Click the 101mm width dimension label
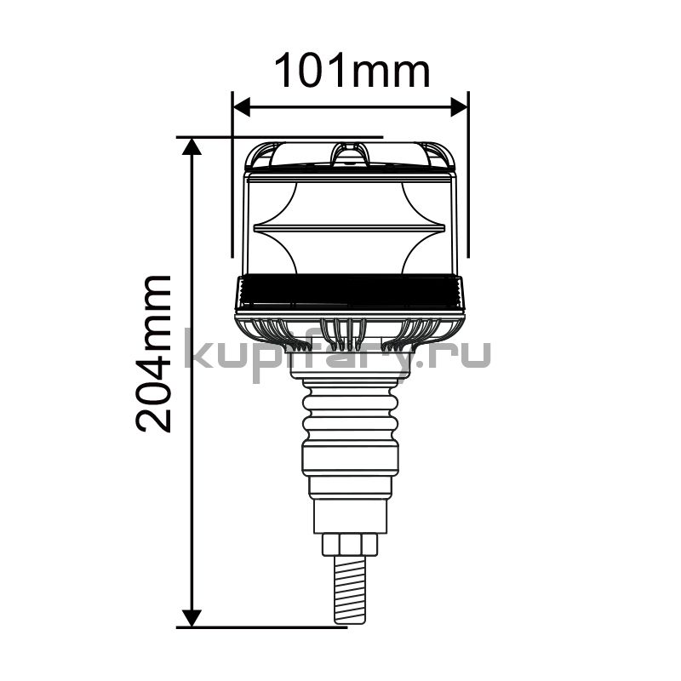click(352, 71)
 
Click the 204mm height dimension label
click(153, 353)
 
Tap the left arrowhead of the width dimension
click(242, 107)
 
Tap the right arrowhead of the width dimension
click(459, 107)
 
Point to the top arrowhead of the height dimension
click(192, 146)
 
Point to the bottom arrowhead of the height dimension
click(192, 619)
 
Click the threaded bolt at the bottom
click(350, 591)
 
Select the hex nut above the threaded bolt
click(350, 545)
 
